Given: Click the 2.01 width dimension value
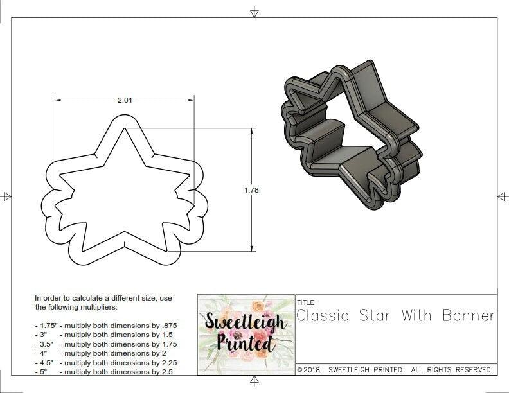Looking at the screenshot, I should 125,100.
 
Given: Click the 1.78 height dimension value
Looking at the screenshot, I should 251,190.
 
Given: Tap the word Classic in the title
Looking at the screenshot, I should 323,315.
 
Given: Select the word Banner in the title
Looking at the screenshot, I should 469,315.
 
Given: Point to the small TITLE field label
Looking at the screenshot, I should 305,302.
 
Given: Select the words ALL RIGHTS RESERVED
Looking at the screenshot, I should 451,370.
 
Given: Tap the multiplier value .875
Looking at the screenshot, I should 166,326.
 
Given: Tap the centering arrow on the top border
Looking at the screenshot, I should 255,12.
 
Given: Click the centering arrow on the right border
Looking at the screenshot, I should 501,196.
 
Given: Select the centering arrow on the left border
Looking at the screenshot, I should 6,196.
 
